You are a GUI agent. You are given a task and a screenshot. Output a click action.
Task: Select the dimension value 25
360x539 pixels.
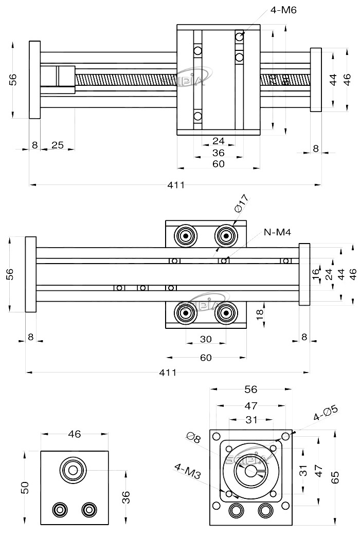click(x=58, y=145)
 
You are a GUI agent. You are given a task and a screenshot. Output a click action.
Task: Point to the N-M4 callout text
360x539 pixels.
click(x=277, y=232)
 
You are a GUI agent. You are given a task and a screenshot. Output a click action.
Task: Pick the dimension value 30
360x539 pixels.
click(x=206, y=340)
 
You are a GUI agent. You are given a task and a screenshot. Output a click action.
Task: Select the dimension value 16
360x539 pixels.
click(x=316, y=273)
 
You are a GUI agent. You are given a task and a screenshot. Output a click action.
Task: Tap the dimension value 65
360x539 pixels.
click(x=335, y=477)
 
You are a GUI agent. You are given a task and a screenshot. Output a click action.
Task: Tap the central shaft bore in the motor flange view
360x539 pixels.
click(x=250, y=471)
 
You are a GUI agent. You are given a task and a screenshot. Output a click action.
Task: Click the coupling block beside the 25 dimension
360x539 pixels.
click(x=58, y=80)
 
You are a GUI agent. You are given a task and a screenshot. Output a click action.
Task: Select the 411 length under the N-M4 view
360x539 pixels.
click(x=168, y=373)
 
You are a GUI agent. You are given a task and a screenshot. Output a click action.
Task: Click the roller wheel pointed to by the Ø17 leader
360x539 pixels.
click(x=225, y=236)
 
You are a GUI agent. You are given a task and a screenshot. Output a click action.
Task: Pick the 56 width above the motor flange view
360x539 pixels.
click(x=251, y=389)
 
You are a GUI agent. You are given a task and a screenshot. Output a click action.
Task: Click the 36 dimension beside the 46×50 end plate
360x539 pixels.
click(x=127, y=497)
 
